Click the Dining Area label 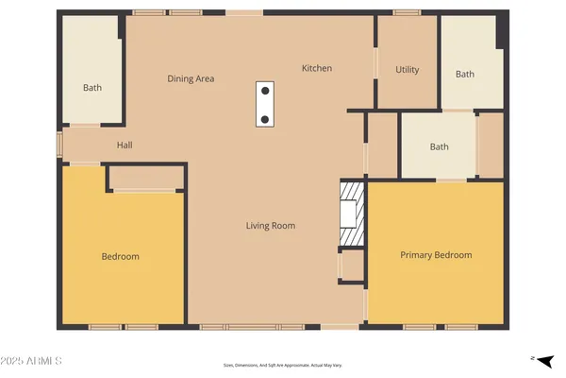(x=191, y=78)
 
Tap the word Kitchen (x=316, y=68)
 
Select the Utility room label (x=407, y=70)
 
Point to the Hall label (x=125, y=146)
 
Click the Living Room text (x=271, y=226)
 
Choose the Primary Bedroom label (x=436, y=255)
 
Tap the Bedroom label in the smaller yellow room (x=121, y=257)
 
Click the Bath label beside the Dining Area (x=92, y=88)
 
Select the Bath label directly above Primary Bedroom (x=439, y=146)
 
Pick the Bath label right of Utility (x=465, y=75)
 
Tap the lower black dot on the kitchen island (x=265, y=119)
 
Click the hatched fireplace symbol (x=350, y=214)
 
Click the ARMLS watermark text (x=33, y=361)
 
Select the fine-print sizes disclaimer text (x=283, y=365)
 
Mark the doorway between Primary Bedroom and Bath (x=451, y=180)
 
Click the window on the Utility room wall (x=407, y=12)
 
